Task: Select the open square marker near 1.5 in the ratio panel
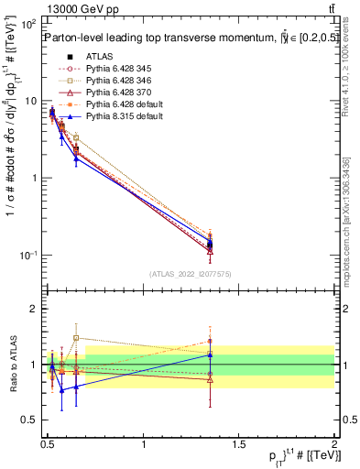coord(76,338)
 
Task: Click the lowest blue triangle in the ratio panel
coord(62,390)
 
